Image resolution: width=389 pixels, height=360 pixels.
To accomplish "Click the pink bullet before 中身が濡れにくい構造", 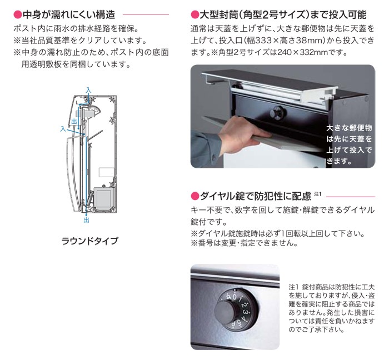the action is coord(18,14).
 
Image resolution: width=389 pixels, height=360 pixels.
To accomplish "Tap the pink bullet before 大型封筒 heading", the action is coord(194,14).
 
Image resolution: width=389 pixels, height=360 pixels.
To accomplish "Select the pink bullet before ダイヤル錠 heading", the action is coord(195,196).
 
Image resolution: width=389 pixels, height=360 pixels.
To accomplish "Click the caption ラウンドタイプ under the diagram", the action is coord(90,241).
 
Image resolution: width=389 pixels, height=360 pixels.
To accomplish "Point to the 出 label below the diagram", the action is coord(86,220).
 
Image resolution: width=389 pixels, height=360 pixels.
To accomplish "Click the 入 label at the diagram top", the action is coord(88,90).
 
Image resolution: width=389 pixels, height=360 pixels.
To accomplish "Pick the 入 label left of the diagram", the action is coord(63,129).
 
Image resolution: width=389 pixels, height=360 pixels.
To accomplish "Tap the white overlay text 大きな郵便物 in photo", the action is coord(349,128).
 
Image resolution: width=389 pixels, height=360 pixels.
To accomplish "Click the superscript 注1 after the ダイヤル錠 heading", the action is coord(317,194).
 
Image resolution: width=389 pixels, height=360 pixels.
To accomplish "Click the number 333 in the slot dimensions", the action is coord(264,41).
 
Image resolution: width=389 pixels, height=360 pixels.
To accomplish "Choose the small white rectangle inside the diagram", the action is coord(107,173).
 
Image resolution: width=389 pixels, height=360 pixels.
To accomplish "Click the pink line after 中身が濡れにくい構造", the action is coord(146,15).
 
